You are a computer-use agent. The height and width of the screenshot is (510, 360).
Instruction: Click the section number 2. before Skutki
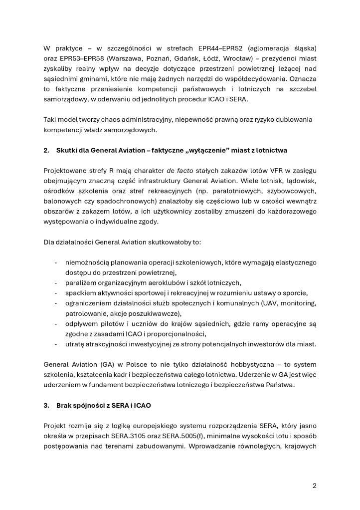[x=46, y=150]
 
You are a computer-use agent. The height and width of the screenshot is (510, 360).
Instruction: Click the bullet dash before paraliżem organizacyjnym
[x=55, y=282]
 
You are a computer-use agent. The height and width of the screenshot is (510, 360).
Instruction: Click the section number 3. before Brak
[x=46, y=405]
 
